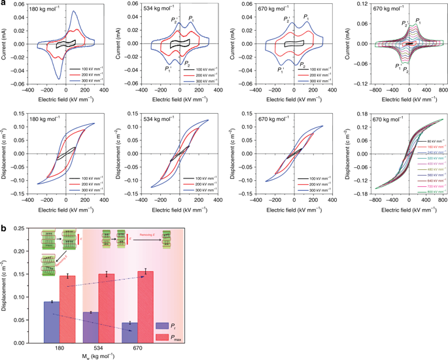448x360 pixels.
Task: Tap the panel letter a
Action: pyautogui.click(x=4, y=5)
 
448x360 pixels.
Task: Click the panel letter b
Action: pyautogui.click(x=4, y=227)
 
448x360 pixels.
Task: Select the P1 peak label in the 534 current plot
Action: pyautogui.click(x=191, y=20)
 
